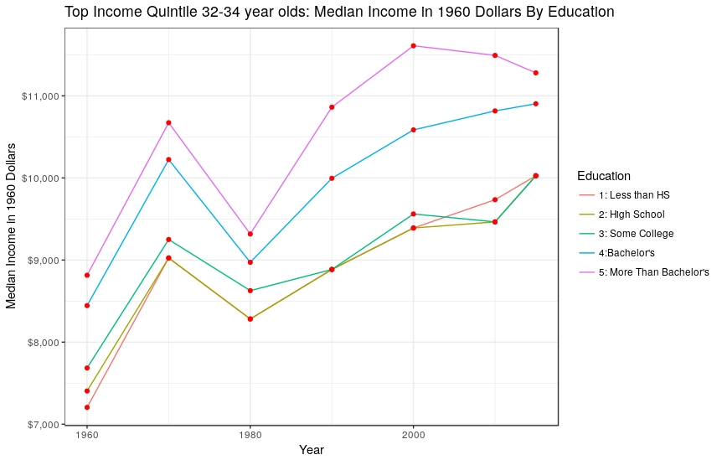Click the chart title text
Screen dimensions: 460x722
click(x=339, y=13)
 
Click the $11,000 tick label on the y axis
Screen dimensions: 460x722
click(x=41, y=96)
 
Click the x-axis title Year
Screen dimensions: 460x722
click(x=312, y=450)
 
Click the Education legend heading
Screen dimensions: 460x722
click(x=603, y=176)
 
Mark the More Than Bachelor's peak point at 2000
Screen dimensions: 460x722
click(x=413, y=45)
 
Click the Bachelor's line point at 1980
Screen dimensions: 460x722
click(x=250, y=262)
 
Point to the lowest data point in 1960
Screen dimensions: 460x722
click(x=86, y=407)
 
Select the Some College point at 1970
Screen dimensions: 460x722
click(x=168, y=240)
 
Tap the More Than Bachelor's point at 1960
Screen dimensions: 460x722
click(x=86, y=275)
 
